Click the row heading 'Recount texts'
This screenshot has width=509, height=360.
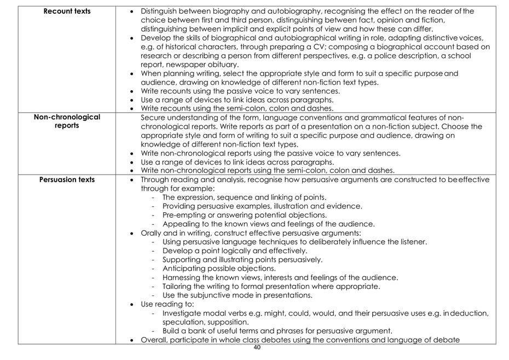[67, 11]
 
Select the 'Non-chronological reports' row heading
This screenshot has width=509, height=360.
[67, 121]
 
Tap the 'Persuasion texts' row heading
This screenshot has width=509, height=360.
[67, 179]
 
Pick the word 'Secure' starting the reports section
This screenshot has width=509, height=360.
[153, 118]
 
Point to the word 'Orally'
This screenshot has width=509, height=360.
[152, 233]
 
